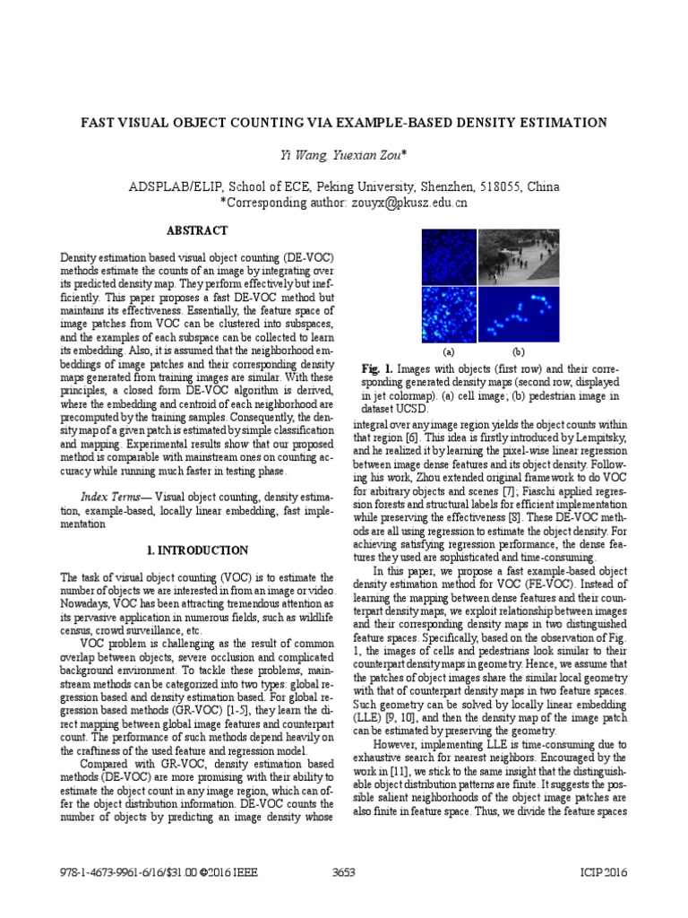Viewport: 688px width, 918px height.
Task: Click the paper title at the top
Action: point(344,123)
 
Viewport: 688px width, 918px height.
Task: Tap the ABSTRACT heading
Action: point(200,230)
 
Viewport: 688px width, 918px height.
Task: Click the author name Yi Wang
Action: point(304,156)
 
